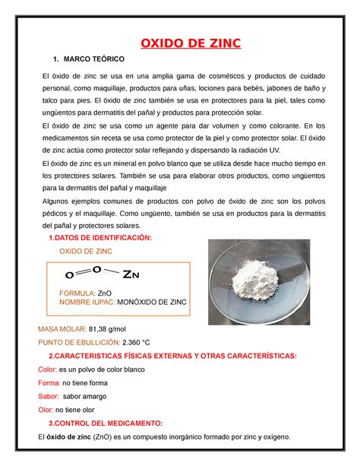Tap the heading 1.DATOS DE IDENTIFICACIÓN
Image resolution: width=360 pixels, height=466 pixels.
(x=100, y=238)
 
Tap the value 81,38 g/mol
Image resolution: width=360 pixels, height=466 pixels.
(x=109, y=328)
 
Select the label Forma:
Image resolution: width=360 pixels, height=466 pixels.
(x=49, y=382)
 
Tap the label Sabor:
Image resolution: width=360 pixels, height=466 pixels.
(x=49, y=396)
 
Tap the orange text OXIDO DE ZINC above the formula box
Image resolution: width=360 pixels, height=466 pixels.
(x=85, y=251)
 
